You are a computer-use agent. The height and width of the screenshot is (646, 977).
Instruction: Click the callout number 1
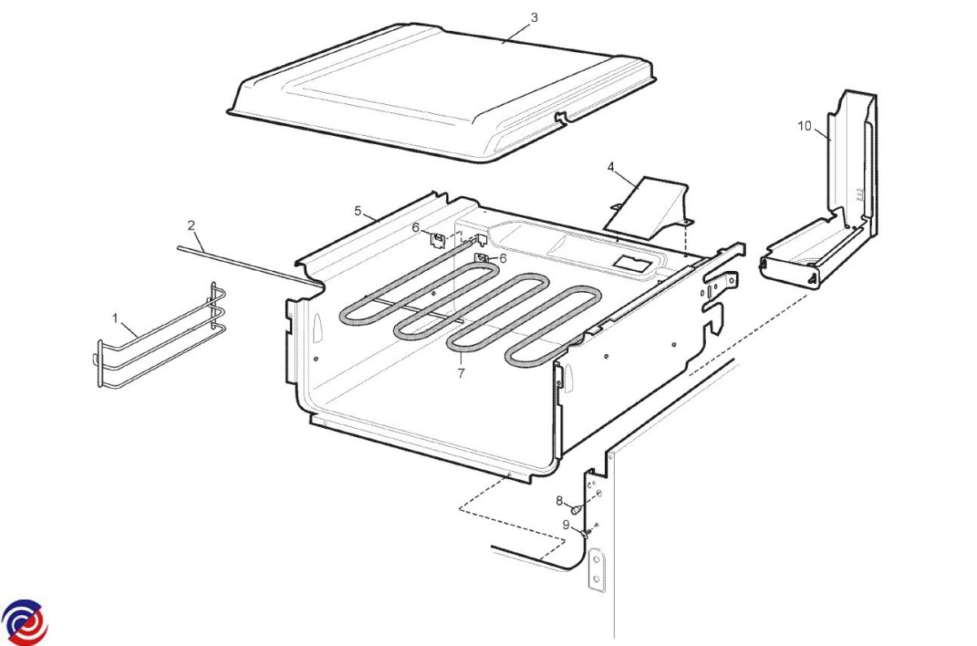(115, 319)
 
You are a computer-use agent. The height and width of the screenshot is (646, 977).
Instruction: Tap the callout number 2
(191, 226)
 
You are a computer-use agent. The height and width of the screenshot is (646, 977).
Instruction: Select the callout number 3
(534, 18)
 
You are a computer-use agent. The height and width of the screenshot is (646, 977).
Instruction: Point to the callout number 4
(611, 167)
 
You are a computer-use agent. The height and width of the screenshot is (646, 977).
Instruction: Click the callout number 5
(358, 212)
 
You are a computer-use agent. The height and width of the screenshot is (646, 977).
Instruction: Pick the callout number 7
(461, 373)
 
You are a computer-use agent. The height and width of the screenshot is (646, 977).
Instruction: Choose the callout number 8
(559, 501)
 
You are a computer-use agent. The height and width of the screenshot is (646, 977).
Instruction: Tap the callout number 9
(566, 525)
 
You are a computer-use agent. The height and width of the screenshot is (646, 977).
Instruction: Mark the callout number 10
(804, 126)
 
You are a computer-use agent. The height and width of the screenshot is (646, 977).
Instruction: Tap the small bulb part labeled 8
(576, 509)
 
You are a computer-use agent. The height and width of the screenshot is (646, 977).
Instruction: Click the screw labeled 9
(587, 533)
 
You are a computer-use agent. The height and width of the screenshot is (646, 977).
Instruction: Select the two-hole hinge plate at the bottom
(596, 570)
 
